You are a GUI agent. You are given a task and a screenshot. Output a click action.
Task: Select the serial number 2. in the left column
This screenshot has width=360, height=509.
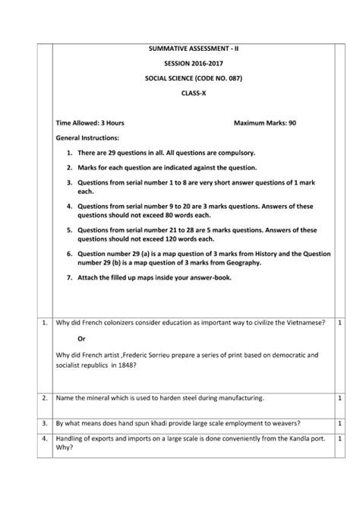tap(45, 397)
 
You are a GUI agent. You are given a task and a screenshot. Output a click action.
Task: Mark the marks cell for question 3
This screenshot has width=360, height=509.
tap(339, 419)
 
